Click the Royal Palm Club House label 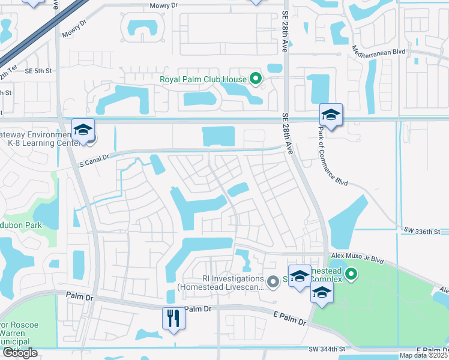pyautogui.click(x=203, y=79)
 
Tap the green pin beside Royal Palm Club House pyautogui.click(x=256, y=79)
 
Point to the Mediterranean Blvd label pyautogui.click(x=379, y=51)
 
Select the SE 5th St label pyautogui.click(x=38, y=70)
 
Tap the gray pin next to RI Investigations pyautogui.click(x=274, y=283)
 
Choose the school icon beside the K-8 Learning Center pyautogui.click(x=83, y=130)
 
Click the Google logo pyautogui.click(x=20, y=353)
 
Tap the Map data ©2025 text pyautogui.click(x=424, y=355)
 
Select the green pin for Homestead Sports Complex pyautogui.click(x=351, y=275)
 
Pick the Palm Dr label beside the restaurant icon pyautogui.click(x=199, y=309)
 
